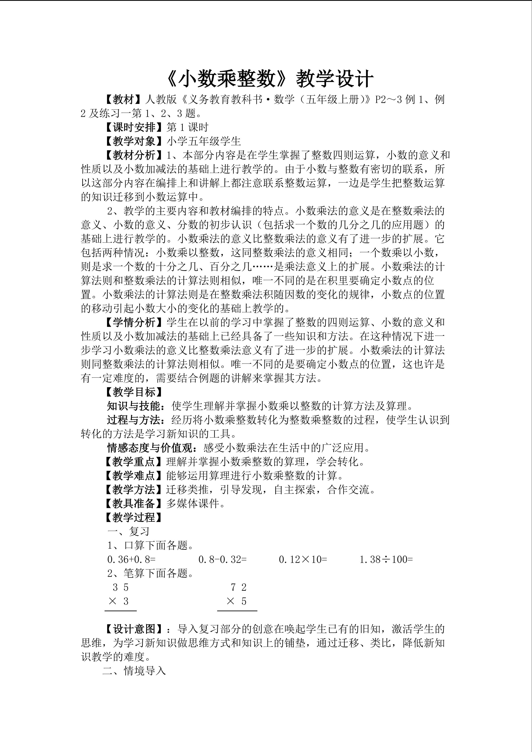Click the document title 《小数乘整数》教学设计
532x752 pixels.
[269, 80]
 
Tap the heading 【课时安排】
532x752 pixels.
[134, 127]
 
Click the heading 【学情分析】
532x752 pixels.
[134, 323]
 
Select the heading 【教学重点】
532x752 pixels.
[134, 462]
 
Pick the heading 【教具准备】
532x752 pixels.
[134, 503]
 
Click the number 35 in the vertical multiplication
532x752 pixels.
[121, 587]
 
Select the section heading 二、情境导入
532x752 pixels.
[134, 671]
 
